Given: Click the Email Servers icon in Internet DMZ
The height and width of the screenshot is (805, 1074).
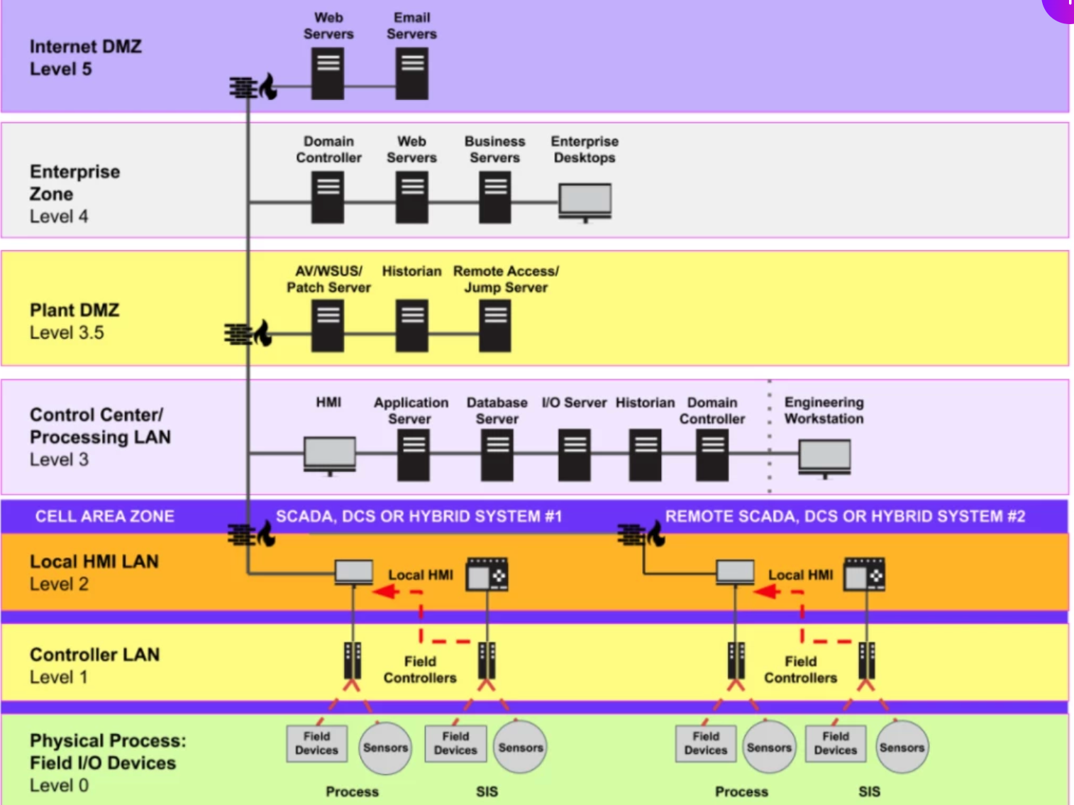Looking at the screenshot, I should click(411, 73).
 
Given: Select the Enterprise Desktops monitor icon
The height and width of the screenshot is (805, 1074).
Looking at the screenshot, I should click(585, 201).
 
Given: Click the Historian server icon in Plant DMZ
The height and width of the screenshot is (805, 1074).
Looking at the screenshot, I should click(411, 325).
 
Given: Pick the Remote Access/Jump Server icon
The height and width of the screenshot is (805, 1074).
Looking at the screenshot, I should click(494, 325).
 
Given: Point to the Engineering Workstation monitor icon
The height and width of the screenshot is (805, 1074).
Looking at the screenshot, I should click(824, 456).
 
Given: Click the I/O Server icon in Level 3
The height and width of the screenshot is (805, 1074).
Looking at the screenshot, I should click(574, 455).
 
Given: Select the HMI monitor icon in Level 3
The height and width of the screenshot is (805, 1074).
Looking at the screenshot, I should click(329, 454).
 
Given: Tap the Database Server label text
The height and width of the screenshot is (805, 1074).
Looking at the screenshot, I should click(497, 410).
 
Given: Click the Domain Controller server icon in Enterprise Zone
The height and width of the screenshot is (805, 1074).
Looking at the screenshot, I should click(328, 199).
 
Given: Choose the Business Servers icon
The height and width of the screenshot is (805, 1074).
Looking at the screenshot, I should click(494, 199).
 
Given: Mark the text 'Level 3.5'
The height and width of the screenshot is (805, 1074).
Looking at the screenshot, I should click(67, 333).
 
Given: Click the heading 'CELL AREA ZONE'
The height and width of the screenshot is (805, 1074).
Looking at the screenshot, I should click(105, 516).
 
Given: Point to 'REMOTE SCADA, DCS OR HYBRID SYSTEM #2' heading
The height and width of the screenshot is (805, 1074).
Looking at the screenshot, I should click(845, 516).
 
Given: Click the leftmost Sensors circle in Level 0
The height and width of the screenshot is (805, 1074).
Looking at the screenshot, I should click(385, 747).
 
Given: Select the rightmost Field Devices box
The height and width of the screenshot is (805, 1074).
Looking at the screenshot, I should click(835, 743).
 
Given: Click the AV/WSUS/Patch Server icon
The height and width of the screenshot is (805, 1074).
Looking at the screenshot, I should click(328, 325).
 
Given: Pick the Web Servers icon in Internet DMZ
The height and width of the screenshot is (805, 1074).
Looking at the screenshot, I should click(328, 73).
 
